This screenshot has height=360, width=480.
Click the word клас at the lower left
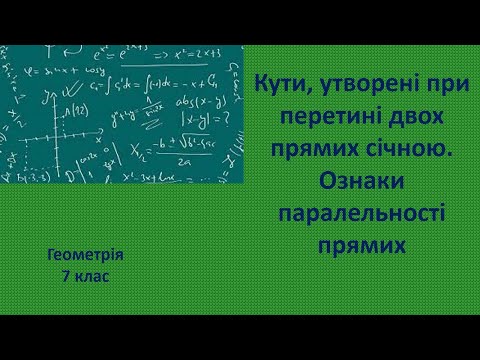click(92, 273)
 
